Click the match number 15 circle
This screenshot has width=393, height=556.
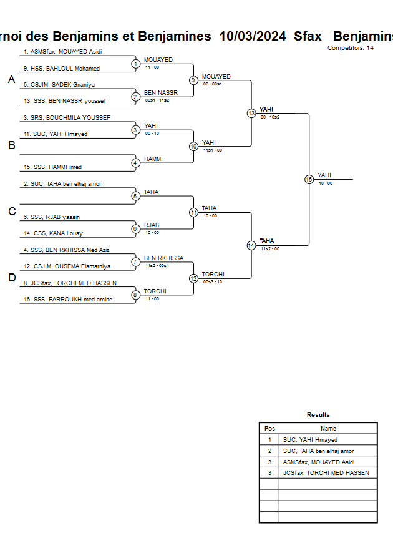pyautogui.click(x=309, y=179)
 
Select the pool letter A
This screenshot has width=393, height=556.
pyautogui.click(x=11, y=79)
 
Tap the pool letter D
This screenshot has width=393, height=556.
pyautogui.click(x=11, y=278)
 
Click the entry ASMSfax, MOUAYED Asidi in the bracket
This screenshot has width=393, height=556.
pyautogui.click(x=62, y=52)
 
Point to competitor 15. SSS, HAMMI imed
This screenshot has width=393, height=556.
pyautogui.click(x=52, y=167)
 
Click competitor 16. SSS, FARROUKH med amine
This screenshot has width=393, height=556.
pyautogui.click(x=64, y=300)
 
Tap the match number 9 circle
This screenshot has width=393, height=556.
pyautogui.click(x=193, y=80)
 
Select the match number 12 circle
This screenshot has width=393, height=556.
pyautogui.click(x=193, y=278)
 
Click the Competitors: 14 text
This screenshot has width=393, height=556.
pyautogui.click(x=351, y=48)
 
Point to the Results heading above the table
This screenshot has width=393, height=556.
pyautogui.click(x=318, y=415)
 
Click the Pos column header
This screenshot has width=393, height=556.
pyautogui.click(x=269, y=429)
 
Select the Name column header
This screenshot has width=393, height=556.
pyautogui.click(x=328, y=429)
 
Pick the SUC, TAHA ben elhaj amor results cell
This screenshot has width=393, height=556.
pyautogui.click(x=318, y=451)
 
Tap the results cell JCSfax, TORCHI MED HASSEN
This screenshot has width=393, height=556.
pyautogui.click(x=326, y=473)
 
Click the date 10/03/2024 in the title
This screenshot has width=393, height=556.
pyautogui.click(x=253, y=36)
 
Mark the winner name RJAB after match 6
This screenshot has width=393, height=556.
pyautogui.click(x=152, y=225)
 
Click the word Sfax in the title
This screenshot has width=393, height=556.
pyautogui.click(x=308, y=36)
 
